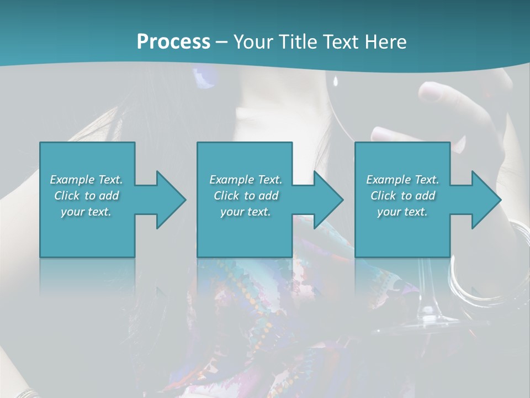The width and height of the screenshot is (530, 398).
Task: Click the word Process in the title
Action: click(x=173, y=41)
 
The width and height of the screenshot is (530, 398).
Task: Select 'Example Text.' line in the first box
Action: click(x=86, y=180)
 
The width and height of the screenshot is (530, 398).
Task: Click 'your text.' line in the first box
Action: click(x=86, y=212)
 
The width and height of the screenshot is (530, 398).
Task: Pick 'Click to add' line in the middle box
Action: click(x=246, y=196)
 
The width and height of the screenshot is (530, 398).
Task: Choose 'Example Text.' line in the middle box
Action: click(x=246, y=180)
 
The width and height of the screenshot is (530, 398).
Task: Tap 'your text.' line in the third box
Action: click(x=402, y=212)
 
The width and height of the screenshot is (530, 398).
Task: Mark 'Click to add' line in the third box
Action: click(x=402, y=196)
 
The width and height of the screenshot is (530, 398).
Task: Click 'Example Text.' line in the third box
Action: click(x=402, y=180)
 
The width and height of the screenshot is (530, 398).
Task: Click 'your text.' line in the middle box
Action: click(x=246, y=212)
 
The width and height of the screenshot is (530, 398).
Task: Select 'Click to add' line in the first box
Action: click(x=86, y=196)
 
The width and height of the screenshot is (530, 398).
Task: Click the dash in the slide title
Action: click(x=222, y=42)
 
